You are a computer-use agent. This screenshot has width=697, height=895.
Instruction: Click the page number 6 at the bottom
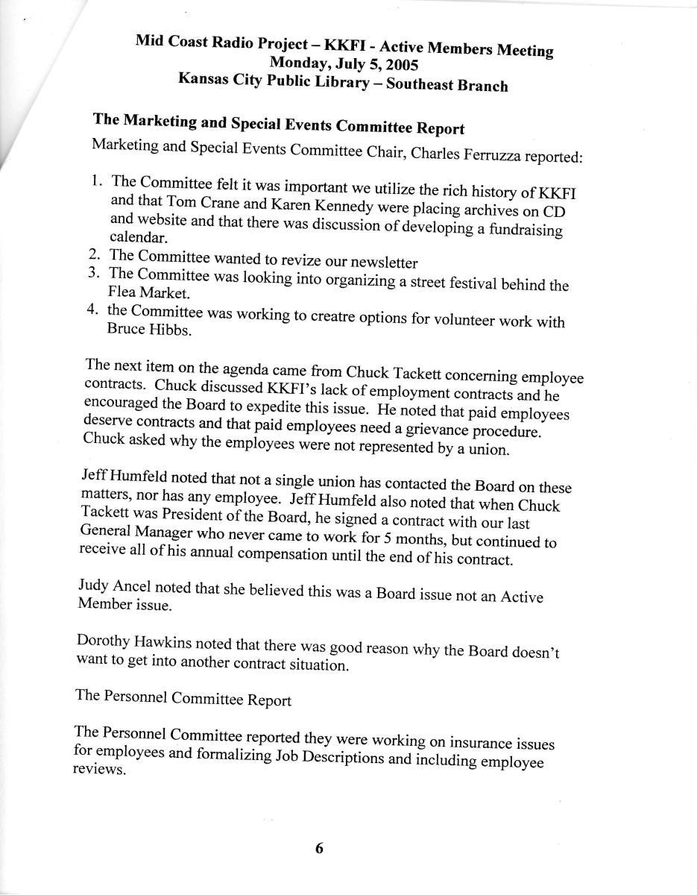[x=319, y=848]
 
